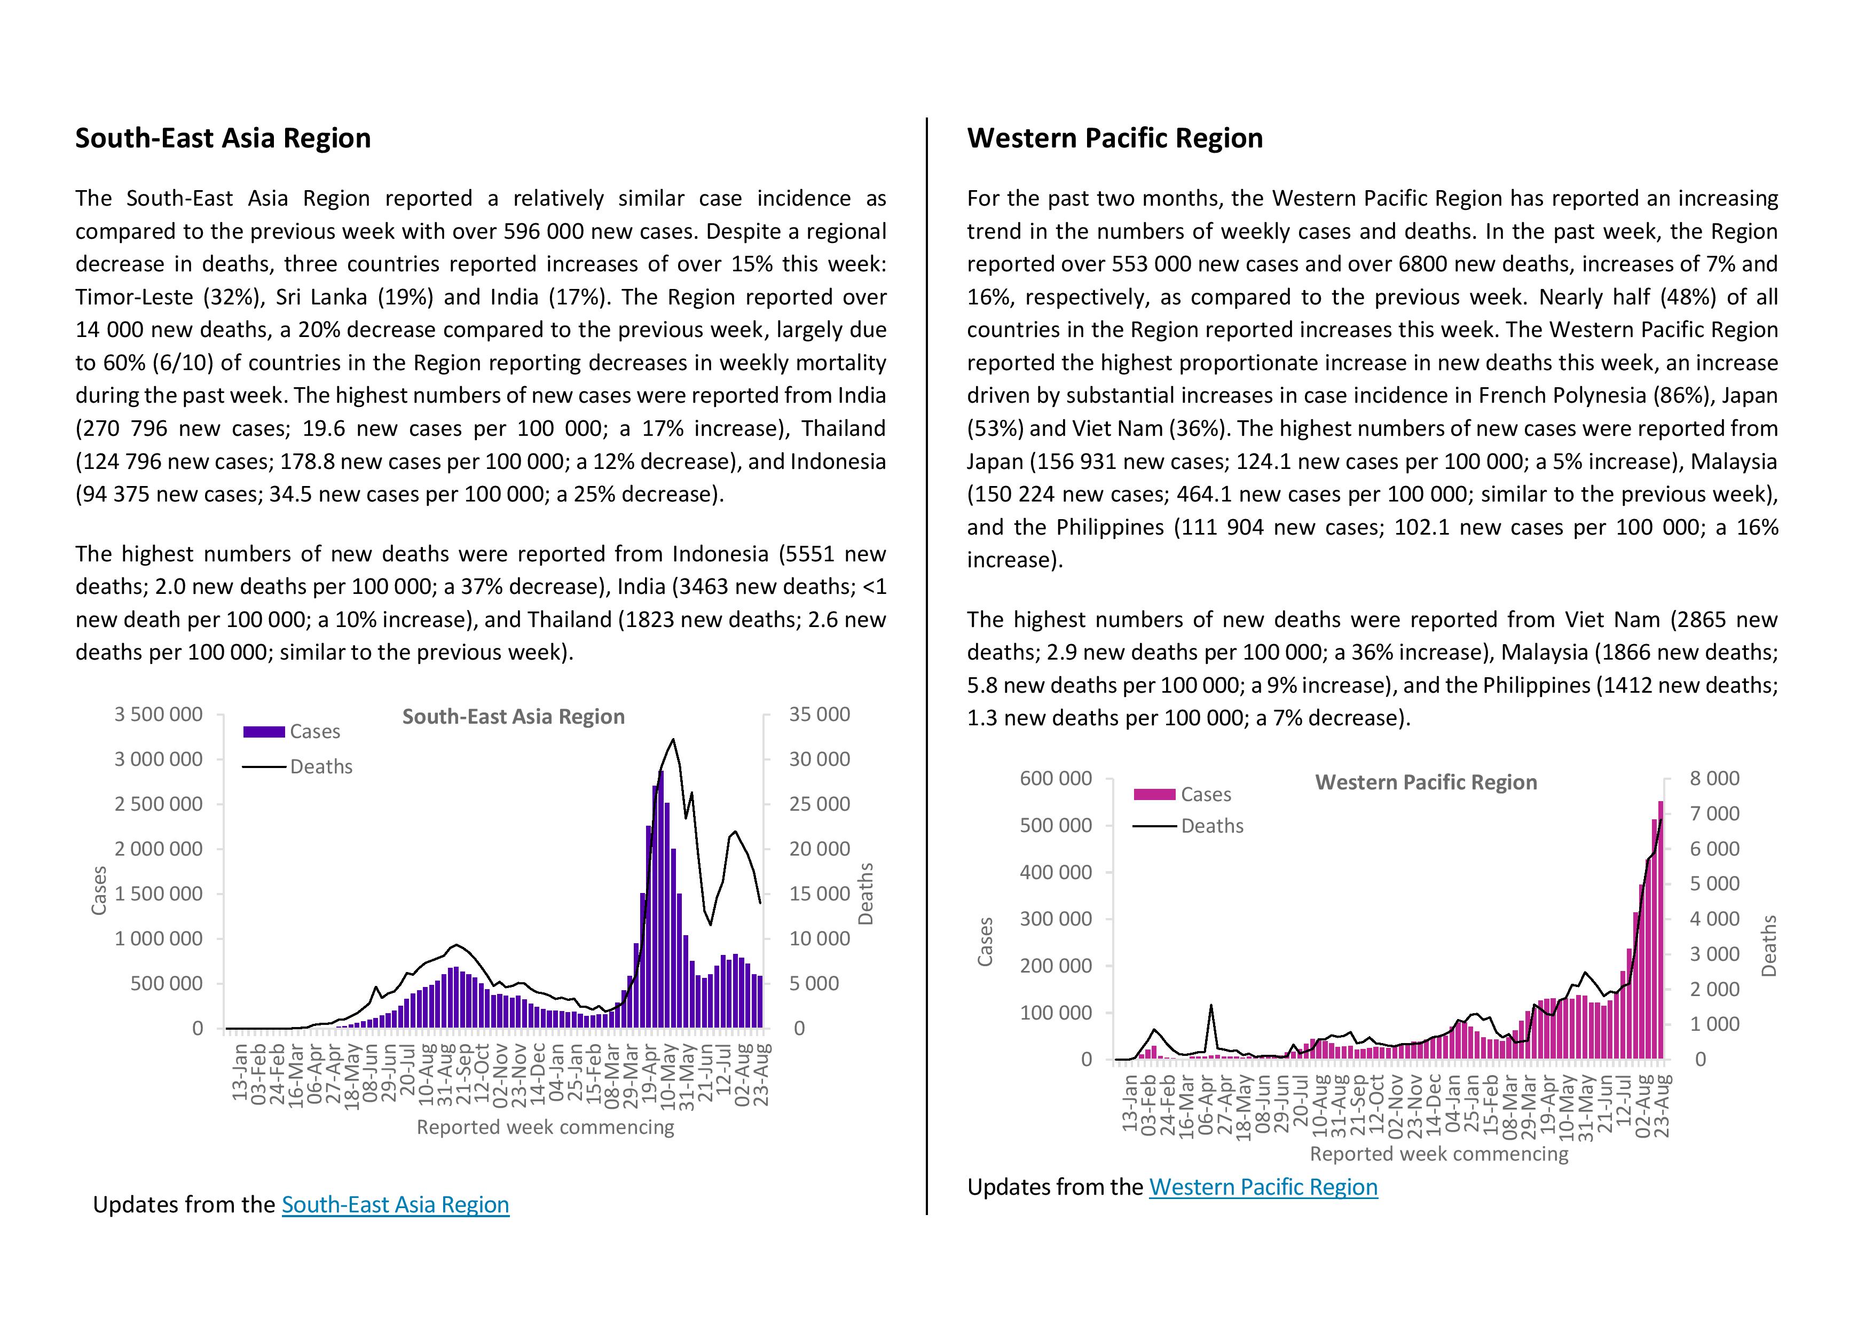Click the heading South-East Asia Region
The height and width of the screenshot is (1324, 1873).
(x=223, y=138)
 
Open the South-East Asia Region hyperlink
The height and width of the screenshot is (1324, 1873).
(x=396, y=1205)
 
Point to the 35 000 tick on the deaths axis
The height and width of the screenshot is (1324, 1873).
(x=819, y=715)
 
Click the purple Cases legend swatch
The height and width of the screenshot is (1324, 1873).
(x=264, y=732)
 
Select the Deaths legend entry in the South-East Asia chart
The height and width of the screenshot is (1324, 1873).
(x=298, y=767)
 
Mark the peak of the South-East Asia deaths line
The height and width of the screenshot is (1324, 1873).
(x=672, y=739)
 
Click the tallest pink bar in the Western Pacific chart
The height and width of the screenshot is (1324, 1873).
(x=1660, y=930)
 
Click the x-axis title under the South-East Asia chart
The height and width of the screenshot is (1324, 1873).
(x=545, y=1127)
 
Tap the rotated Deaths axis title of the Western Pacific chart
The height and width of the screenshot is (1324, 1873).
(x=1768, y=945)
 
